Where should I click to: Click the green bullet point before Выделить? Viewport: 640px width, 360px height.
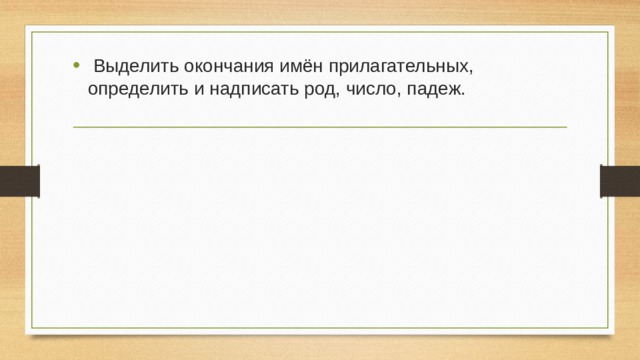point(77,66)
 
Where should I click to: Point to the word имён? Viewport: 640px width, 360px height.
point(292,66)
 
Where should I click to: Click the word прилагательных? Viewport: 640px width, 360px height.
point(399,67)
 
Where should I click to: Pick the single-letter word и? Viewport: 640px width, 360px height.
point(196,90)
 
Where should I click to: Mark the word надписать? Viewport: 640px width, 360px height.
point(250,90)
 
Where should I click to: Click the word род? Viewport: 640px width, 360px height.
point(317,90)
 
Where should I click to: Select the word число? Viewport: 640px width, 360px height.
point(369,90)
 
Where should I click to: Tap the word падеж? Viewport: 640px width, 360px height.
point(435,90)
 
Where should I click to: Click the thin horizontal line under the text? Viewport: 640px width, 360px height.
point(320,127)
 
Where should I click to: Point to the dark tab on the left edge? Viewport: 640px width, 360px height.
point(19,181)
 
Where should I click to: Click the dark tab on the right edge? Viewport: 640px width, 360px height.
point(619,181)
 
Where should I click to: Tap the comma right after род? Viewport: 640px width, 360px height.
point(336,95)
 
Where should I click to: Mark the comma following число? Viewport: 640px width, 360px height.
point(400,95)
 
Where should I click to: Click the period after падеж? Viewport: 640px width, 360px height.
point(464,94)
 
